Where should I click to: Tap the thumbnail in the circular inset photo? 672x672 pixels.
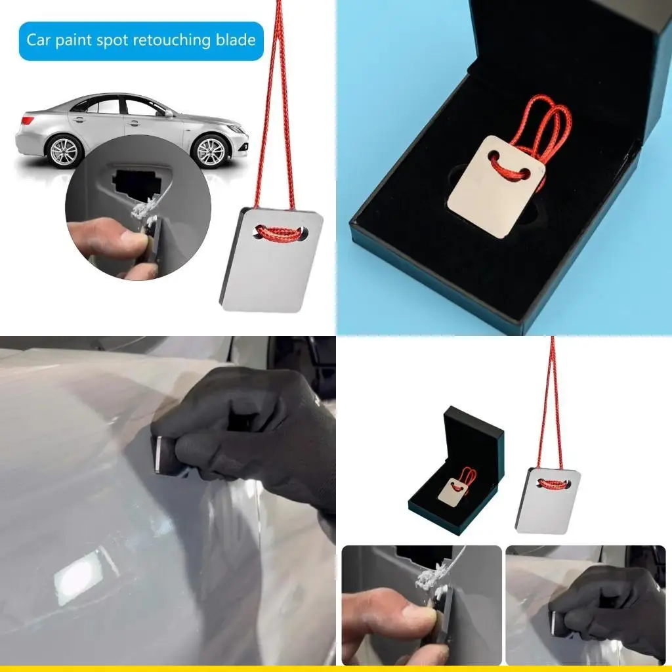[125, 241]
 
